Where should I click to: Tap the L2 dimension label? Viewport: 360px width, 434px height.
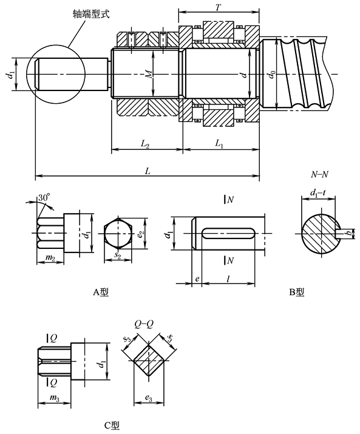click(146, 144)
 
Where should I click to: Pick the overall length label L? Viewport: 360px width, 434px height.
click(147, 172)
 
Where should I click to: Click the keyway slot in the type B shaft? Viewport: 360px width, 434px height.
click(228, 233)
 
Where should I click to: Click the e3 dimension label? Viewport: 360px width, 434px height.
click(150, 399)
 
